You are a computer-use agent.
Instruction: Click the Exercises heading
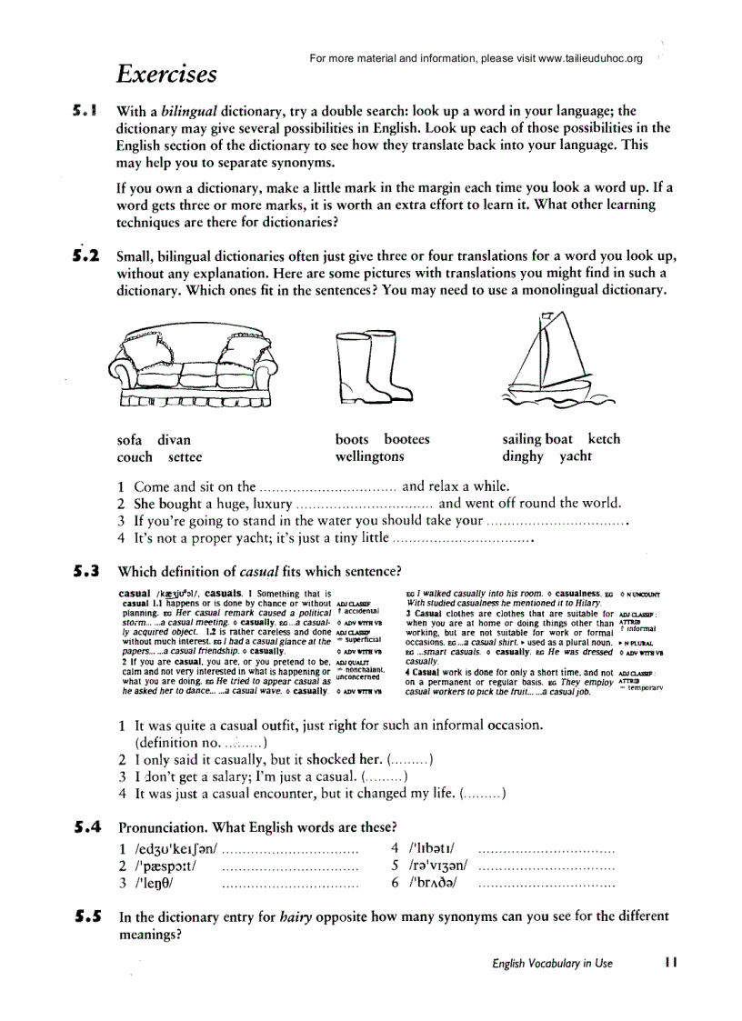(166, 74)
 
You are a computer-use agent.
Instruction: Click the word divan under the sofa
(175, 439)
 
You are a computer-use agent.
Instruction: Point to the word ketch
(604, 439)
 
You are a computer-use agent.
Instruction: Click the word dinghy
(522, 456)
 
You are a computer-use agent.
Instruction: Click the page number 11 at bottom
(671, 963)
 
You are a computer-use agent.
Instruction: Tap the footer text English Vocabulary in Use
(552, 964)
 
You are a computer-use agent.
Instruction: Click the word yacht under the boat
(575, 456)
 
